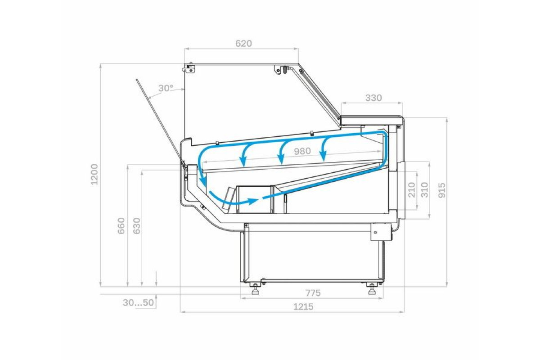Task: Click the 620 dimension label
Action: click(243, 43)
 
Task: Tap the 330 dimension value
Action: click(373, 98)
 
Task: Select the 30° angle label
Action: click(166, 88)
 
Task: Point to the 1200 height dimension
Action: click(94, 174)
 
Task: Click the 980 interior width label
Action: click(302, 151)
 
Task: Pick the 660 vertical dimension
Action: click(121, 226)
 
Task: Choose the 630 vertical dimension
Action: click(136, 226)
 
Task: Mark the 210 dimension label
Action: click(412, 190)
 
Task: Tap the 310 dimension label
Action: click(424, 190)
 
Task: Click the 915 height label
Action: click(441, 190)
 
